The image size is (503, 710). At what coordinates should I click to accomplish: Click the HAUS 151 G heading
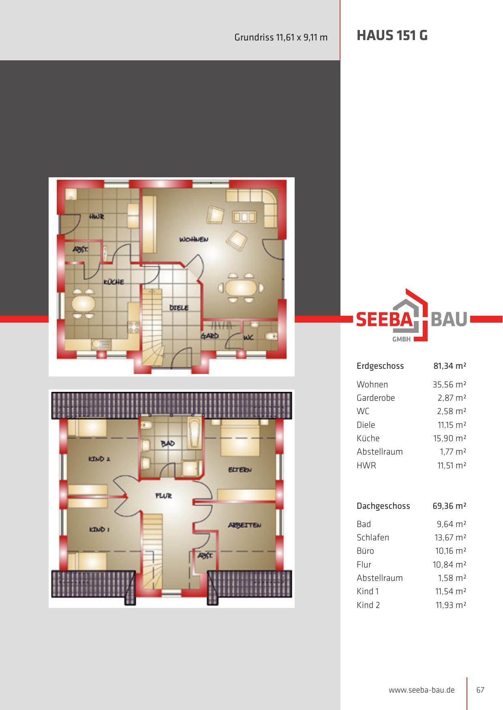[392, 36]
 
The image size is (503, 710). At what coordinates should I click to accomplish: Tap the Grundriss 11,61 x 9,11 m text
[281, 38]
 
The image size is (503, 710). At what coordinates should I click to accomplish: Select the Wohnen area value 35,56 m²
[449, 385]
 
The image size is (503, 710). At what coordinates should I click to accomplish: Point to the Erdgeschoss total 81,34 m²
[450, 366]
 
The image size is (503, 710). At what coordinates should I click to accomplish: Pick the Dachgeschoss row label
[383, 506]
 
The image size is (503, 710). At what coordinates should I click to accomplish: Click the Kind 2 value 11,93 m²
[451, 605]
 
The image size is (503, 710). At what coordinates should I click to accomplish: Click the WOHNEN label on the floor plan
[194, 239]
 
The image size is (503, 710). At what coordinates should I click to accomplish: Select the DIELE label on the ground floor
[179, 308]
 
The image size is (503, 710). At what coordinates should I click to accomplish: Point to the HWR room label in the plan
[97, 217]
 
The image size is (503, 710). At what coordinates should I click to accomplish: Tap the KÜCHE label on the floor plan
[114, 282]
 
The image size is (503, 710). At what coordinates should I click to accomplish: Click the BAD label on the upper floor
[168, 444]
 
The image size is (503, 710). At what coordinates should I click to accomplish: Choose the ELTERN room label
[240, 470]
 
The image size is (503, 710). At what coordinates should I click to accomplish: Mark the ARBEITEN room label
[244, 525]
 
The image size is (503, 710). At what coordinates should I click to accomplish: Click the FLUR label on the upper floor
[164, 495]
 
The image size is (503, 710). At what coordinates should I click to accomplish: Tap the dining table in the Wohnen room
[241, 288]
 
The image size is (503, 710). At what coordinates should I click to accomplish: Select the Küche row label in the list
[368, 438]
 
